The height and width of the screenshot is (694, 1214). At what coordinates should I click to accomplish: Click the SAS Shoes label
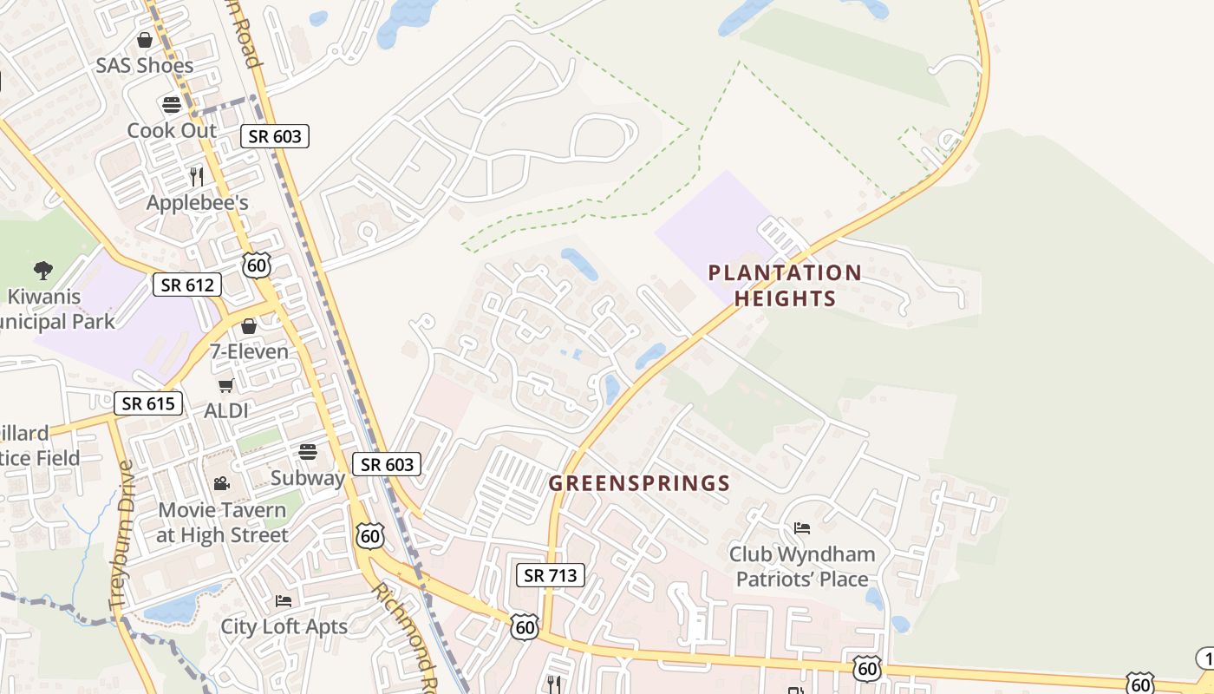click(145, 65)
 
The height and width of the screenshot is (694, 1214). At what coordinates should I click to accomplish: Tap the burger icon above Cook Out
click(172, 105)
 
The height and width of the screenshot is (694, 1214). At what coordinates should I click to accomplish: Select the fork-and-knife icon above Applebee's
click(197, 177)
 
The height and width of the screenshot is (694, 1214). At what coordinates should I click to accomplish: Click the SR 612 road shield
click(187, 285)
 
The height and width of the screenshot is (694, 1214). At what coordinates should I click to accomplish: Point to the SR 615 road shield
click(148, 403)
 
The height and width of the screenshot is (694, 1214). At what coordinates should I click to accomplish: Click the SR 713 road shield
click(551, 574)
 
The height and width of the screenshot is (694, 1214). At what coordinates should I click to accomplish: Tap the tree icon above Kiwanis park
click(42, 270)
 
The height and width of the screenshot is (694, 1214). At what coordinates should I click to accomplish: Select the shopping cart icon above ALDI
click(225, 386)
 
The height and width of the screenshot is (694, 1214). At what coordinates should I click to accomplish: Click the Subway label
click(307, 478)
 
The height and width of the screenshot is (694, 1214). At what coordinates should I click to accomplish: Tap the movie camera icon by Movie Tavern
click(221, 483)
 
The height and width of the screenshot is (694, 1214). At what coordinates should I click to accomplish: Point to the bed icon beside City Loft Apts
click(284, 600)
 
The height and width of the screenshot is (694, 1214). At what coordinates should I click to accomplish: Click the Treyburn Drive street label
click(121, 534)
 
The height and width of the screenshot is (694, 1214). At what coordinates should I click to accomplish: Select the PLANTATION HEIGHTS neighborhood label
click(785, 285)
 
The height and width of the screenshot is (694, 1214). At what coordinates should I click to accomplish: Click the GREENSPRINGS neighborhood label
click(639, 483)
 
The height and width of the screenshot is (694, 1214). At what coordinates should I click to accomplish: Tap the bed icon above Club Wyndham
click(802, 527)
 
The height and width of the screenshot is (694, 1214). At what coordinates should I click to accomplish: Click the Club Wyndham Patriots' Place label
click(801, 566)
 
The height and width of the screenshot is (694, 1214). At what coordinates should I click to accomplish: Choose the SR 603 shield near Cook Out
click(275, 136)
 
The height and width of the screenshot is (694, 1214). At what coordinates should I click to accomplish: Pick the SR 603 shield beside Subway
click(387, 464)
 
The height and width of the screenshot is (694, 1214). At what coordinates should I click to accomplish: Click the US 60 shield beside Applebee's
click(257, 265)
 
